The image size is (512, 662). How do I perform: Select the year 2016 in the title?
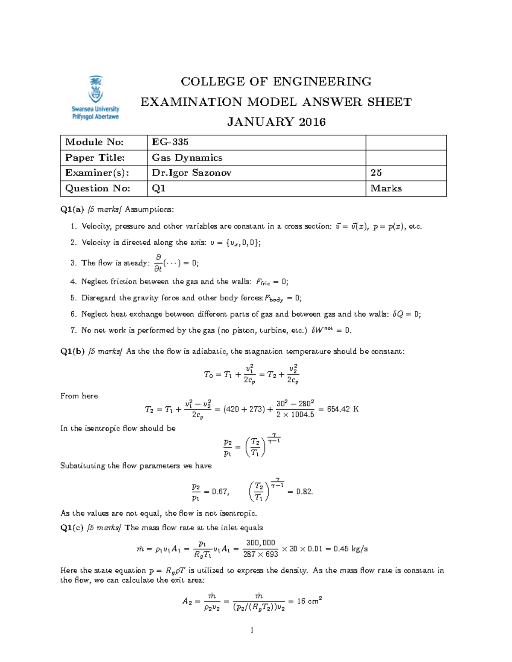click(312, 122)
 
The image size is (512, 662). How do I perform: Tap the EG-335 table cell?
click(170, 142)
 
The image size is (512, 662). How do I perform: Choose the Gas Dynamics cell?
click(187, 158)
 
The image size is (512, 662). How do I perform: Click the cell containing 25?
click(376, 173)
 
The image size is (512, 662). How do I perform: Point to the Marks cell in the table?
click(386, 188)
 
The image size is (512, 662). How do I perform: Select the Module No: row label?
click(94, 142)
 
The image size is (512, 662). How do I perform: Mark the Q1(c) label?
click(72, 528)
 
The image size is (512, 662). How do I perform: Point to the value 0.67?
click(220, 491)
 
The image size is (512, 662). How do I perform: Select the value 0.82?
click(304, 491)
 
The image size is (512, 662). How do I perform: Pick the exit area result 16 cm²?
click(309, 601)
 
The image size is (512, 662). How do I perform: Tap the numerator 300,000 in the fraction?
click(260, 543)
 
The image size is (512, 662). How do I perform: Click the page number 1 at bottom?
click(252, 630)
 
